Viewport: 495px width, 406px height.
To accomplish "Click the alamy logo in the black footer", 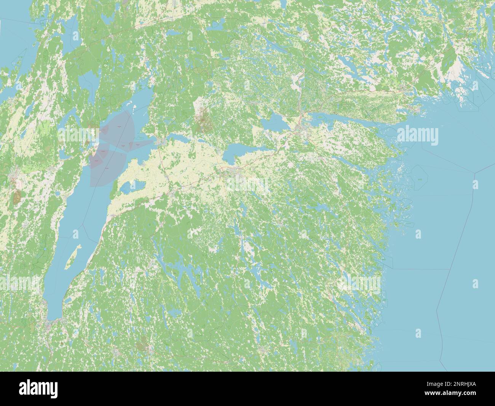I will [38, 388].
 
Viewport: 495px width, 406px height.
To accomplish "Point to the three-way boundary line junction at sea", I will [474, 172].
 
